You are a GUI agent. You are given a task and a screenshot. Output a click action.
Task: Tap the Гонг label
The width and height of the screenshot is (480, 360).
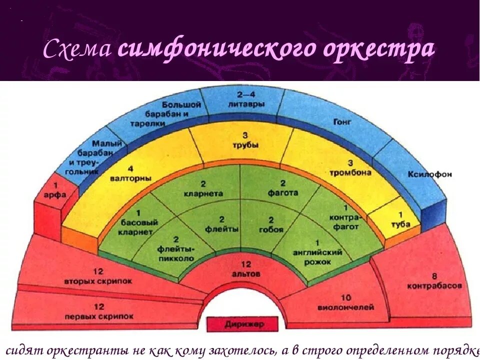pos(339,121)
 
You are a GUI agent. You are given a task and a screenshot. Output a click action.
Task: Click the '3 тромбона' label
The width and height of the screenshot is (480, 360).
pos(349,167)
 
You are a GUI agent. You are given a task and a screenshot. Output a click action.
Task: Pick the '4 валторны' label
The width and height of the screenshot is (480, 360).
pos(132,173)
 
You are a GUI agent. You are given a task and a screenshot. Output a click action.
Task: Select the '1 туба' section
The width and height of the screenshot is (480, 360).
pos(400,220)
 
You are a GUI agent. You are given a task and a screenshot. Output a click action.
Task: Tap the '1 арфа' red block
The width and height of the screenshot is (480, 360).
pos(54,192)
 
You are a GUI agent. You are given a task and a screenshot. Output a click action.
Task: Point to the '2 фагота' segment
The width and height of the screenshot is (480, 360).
pos(282,188)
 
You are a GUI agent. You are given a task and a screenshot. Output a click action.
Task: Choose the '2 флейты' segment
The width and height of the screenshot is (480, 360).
pos(221,224)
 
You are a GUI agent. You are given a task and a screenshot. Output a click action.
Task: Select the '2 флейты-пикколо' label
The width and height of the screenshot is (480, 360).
pos(176,248)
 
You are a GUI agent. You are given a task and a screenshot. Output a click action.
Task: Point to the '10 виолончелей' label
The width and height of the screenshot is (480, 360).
pos(345,302)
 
